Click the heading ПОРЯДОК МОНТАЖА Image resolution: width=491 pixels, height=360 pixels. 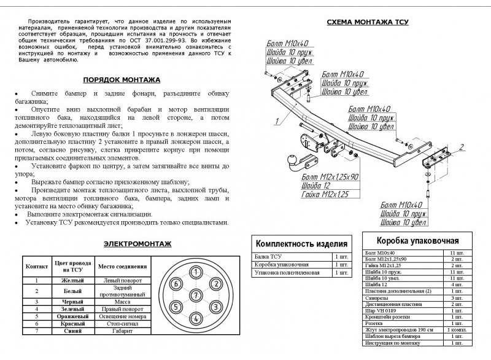coord(122,80)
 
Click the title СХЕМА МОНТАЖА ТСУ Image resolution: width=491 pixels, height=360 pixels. coord(367,22)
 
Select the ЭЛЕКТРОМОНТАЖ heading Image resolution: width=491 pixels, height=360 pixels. coord(137,244)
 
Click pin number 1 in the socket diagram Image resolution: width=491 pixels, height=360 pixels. coord(195,272)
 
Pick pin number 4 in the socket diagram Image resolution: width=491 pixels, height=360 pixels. coord(195,318)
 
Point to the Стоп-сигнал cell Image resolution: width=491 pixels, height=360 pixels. coord(122,323)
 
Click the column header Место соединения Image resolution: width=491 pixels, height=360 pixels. coord(122,267)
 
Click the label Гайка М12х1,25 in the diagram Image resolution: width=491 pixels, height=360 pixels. coord(325,194)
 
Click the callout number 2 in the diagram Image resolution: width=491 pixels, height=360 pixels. coord(462,146)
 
